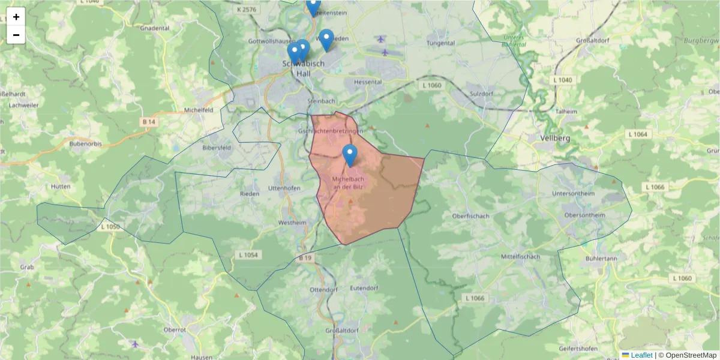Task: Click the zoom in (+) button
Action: click(x=16, y=17)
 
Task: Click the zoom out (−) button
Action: click(x=16, y=35)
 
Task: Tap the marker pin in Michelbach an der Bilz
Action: click(x=350, y=155)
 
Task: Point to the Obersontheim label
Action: click(x=585, y=215)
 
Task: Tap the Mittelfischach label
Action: click(x=520, y=256)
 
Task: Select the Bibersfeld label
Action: click(x=217, y=147)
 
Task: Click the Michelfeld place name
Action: click(x=199, y=110)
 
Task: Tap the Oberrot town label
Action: click(x=175, y=330)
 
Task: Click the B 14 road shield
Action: click(x=149, y=121)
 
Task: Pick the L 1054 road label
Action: click(x=248, y=255)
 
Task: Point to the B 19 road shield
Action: click(x=305, y=258)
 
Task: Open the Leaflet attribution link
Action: click(x=641, y=355)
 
